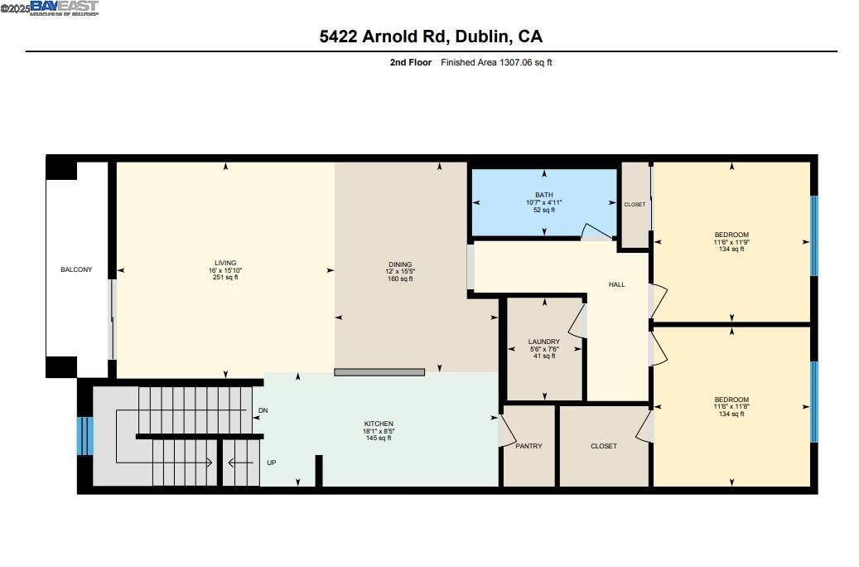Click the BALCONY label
click(x=76, y=269)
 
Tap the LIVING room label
click(x=225, y=263)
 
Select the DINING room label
click(x=399, y=264)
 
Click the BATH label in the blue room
click(x=543, y=195)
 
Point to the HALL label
click(x=616, y=284)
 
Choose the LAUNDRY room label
click(x=544, y=342)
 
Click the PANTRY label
click(x=528, y=446)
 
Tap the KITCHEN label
click(x=378, y=424)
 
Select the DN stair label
click(x=263, y=410)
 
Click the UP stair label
click(x=271, y=463)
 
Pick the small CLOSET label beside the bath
click(x=635, y=204)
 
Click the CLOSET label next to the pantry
click(x=603, y=446)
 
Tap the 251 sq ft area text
click(x=225, y=278)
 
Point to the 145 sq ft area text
click(x=378, y=439)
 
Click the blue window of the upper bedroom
click(x=813, y=235)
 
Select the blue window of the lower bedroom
click(x=813, y=401)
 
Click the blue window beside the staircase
click(x=84, y=436)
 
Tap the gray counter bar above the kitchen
click(x=379, y=372)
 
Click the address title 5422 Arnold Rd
click(x=431, y=36)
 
